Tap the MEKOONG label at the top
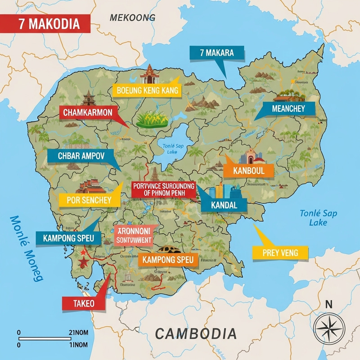pos(132,18)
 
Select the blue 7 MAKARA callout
pos(216,53)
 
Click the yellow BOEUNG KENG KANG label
pos(147,90)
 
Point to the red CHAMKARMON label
pos(91,113)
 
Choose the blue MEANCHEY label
pos(288,108)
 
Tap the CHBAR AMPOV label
pos(81,156)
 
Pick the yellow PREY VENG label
pos(280,253)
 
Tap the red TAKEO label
pos(83,303)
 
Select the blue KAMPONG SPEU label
pos(68,238)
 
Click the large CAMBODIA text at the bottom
pos(195,333)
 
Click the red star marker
pos(83,261)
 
